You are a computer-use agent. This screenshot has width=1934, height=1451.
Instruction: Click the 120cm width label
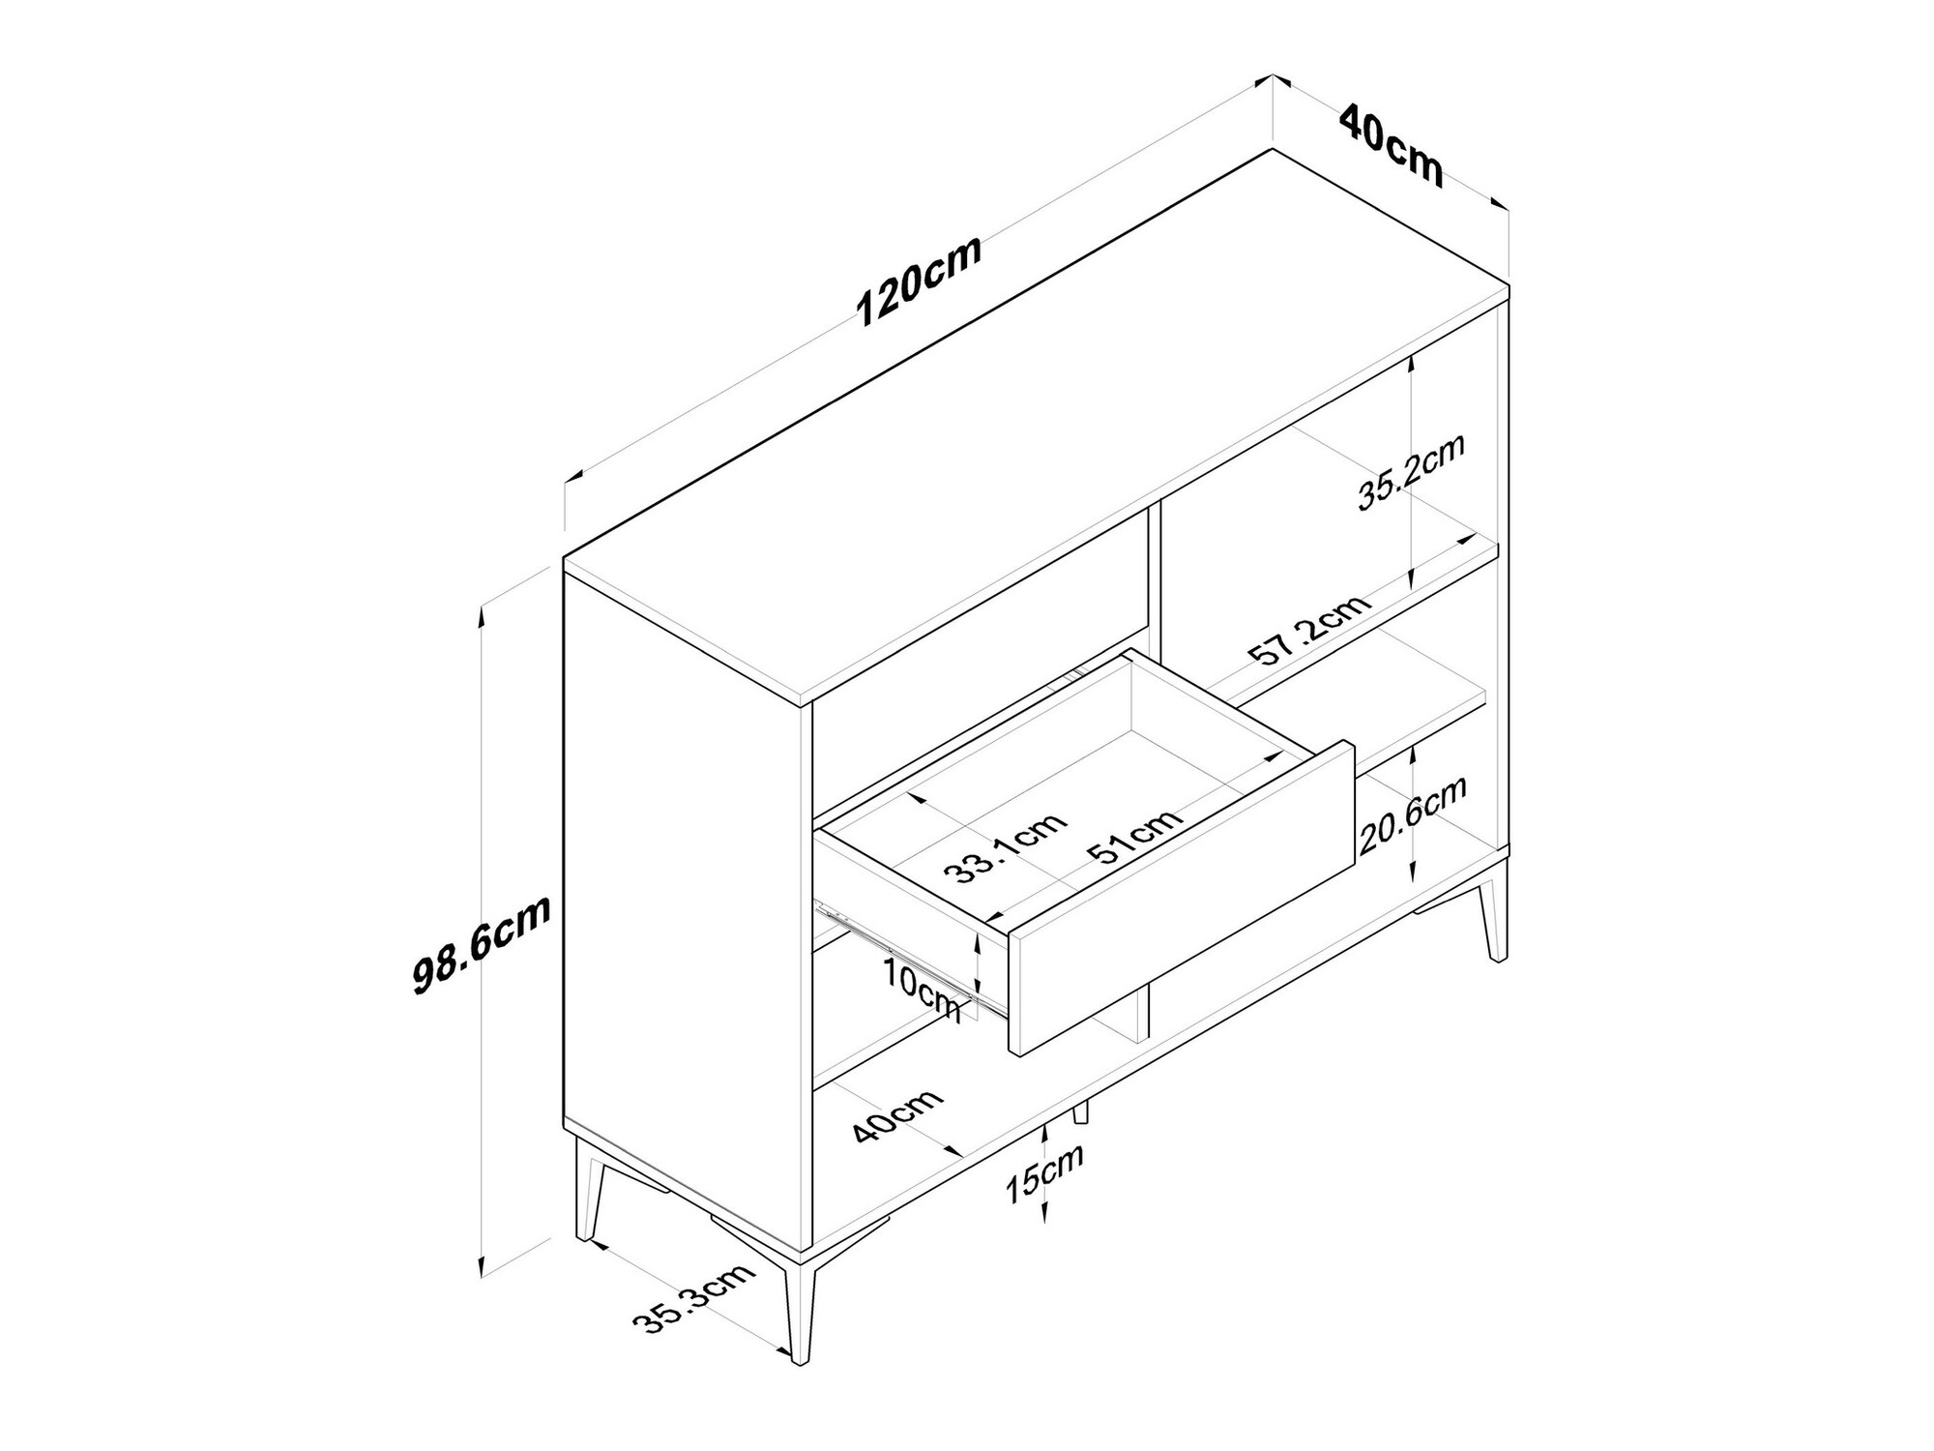[x=920, y=281]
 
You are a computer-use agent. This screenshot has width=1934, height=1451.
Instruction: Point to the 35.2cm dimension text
[x=1411, y=471]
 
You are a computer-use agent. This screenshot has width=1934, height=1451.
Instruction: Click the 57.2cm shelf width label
[x=1310, y=630]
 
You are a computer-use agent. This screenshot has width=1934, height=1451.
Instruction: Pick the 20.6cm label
[x=1413, y=814]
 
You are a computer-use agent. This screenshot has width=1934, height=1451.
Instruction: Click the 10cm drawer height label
[x=923, y=990]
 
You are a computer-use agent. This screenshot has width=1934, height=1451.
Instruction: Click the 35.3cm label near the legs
[x=693, y=1297]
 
